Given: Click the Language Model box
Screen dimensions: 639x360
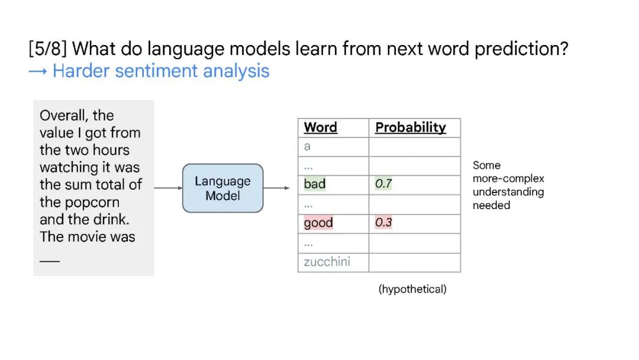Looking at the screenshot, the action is coord(223,188).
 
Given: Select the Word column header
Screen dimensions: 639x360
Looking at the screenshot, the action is coord(320,127).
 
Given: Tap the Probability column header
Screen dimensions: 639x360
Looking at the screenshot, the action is coord(411,128).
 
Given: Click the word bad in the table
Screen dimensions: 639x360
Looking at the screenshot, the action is coord(315,184).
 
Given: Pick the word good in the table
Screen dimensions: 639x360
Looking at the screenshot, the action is coord(318,223).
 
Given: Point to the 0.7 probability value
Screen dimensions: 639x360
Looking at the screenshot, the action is coord(383,184).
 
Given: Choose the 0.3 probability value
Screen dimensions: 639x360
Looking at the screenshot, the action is coord(383,223).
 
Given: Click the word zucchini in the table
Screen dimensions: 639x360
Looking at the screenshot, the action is coord(327,261).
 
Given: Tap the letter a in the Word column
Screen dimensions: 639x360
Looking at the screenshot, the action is coord(307,146).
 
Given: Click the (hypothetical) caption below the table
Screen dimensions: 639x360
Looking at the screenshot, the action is coord(412,289).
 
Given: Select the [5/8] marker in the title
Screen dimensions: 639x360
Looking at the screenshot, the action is coord(48,49).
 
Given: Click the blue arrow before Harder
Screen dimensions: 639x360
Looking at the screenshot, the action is coord(38,72).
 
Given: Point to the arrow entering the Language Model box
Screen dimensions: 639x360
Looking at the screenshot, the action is coord(168,188).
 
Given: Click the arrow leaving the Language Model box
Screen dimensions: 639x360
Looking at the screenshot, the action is coord(276,188).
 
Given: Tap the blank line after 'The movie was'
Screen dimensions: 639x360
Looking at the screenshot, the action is coord(50,261).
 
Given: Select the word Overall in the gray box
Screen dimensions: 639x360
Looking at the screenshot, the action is coord(64,115).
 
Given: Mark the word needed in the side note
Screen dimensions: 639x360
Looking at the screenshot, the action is coord(492,205).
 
